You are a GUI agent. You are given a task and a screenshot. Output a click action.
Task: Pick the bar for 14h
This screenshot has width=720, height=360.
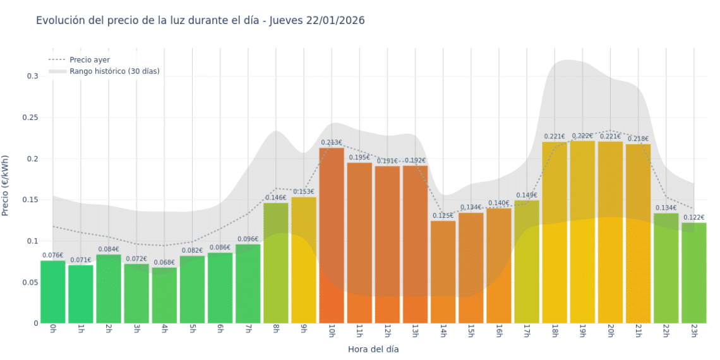point(443,272)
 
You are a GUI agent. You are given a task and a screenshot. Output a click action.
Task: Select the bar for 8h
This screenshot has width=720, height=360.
point(276,263)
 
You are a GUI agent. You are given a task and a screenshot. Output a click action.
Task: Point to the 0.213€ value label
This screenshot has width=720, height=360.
point(332,143)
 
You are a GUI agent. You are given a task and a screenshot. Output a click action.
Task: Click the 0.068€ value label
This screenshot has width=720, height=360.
point(164,262)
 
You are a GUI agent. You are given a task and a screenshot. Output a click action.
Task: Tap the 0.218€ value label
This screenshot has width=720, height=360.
point(638,139)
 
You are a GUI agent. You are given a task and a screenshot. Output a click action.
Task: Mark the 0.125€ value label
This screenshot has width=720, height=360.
point(443,215)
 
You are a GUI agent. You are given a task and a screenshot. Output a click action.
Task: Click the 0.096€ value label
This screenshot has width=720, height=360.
point(248,239)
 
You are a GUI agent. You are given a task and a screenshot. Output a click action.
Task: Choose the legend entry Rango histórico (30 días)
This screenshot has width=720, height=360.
point(114,71)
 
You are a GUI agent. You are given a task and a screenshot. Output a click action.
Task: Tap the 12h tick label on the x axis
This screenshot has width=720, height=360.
point(387,332)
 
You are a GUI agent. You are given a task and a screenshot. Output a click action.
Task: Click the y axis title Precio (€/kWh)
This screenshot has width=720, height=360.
point(6,186)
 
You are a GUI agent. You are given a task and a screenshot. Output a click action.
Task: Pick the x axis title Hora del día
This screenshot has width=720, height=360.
point(373,349)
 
